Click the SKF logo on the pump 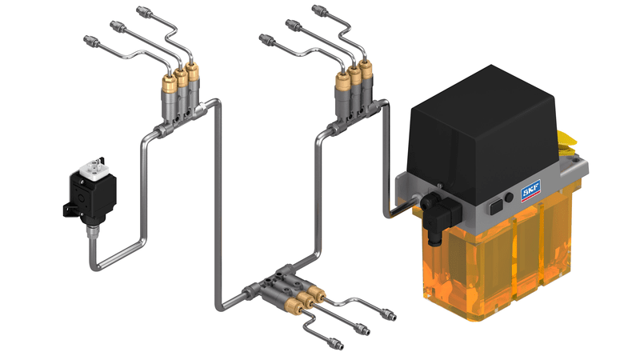[530, 190]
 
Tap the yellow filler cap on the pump [567, 142]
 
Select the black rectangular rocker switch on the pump [496, 206]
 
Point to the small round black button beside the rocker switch [509, 198]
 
